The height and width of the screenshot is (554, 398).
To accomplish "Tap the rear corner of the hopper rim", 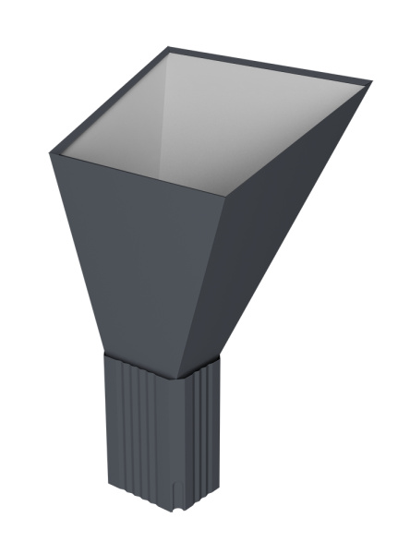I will coord(169,47).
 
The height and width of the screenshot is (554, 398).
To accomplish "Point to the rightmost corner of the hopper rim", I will coord(371,83).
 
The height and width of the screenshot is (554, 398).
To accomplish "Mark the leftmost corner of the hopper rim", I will coord(51,153).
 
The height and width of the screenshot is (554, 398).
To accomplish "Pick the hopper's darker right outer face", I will coord(268,240).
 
